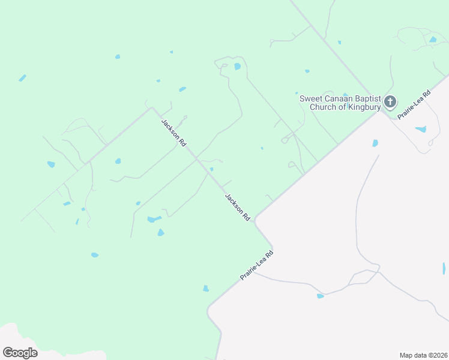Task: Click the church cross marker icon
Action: (390, 101)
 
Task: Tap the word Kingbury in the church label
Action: (360, 107)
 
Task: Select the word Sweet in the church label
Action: (311, 98)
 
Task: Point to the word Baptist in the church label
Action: (368, 98)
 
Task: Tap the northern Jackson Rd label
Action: (174, 133)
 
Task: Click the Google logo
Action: (20, 353)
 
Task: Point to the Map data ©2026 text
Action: (423, 355)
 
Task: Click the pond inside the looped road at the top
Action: (238, 66)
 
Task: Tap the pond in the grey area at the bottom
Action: (320, 296)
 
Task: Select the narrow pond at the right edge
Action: (444, 268)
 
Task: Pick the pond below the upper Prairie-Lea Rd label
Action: (420, 129)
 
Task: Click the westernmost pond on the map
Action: (22, 78)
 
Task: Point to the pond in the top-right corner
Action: (433, 40)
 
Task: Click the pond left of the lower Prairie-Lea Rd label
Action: (206, 289)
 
